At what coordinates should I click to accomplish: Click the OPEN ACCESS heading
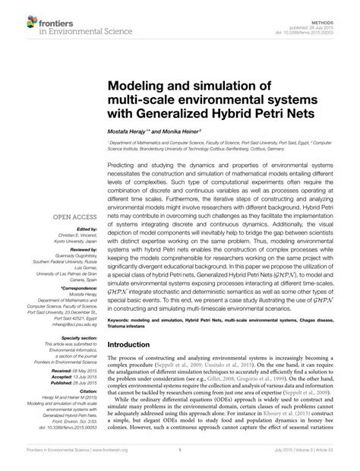point(74,217)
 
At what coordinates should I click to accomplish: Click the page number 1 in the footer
point(179,461)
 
